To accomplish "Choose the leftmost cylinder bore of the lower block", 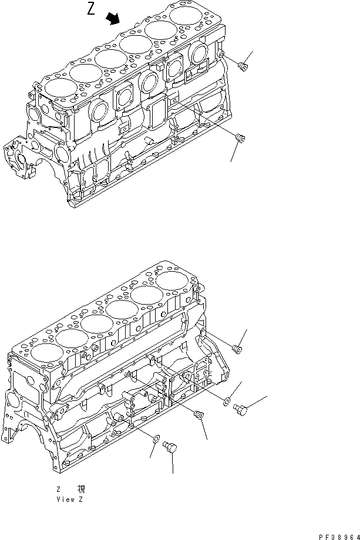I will [x=42, y=353].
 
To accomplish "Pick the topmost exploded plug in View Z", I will [x=237, y=349].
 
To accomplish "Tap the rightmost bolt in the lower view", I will [x=240, y=409].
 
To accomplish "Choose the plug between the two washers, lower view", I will [x=198, y=416].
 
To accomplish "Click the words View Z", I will [x=69, y=500].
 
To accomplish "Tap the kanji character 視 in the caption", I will [x=80, y=488].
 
